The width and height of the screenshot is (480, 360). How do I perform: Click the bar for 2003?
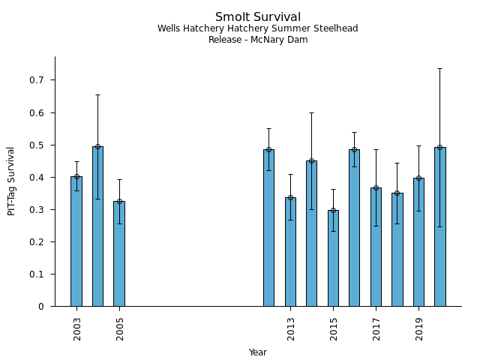76,241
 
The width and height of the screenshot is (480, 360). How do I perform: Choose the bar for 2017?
376,247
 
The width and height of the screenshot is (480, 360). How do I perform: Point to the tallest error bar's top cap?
439,69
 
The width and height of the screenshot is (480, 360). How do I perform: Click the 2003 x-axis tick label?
77,328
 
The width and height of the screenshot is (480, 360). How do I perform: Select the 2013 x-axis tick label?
291,328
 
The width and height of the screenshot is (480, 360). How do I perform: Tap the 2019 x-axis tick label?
419,328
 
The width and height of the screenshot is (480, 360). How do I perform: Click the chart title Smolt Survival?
258,17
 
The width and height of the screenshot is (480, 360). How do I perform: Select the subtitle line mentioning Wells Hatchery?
258,28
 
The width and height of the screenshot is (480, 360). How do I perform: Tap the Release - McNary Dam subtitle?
258,40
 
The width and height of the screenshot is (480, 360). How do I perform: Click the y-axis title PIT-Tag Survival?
11,181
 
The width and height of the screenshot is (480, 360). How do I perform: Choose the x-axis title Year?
258,352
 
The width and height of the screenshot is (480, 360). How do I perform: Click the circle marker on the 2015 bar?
333,210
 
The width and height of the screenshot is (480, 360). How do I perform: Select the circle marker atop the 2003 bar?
76,177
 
